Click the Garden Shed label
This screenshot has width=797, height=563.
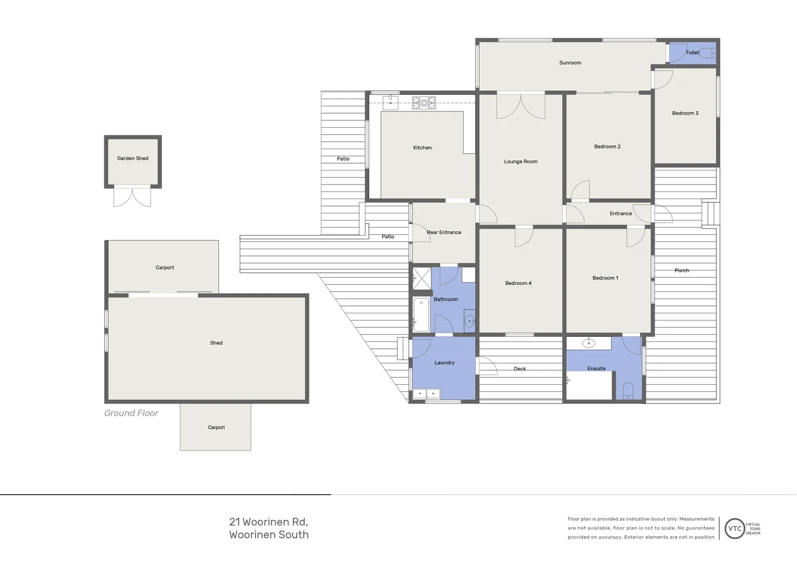[x=132, y=158]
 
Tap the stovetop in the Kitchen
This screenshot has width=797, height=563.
[x=424, y=103]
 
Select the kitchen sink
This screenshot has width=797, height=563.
[x=390, y=102]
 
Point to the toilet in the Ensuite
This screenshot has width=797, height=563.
[x=628, y=390]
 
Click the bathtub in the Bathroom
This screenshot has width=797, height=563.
[x=421, y=314]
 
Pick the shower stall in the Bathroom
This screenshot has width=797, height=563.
[x=421, y=278]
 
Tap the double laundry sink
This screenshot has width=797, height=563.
[x=426, y=394]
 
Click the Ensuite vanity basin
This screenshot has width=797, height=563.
[x=588, y=343]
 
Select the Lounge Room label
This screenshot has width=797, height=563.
[x=521, y=162]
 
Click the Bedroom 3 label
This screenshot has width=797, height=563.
[x=685, y=113]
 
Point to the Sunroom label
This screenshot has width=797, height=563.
[x=570, y=63]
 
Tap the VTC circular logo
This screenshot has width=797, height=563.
[x=735, y=529]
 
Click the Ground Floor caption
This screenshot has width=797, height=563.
[x=131, y=413]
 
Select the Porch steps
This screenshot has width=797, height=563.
[x=711, y=213]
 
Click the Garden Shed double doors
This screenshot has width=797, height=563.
[x=132, y=197]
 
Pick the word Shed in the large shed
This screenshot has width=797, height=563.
[x=216, y=343]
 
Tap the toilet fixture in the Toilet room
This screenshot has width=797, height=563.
[x=708, y=53]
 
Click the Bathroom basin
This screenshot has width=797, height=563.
[x=469, y=321]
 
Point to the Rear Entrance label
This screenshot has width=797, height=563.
[x=444, y=232]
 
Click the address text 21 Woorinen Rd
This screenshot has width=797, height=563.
[x=269, y=522]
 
